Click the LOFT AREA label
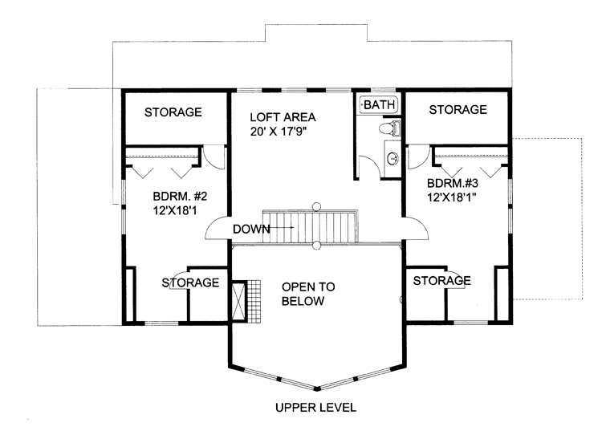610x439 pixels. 283,117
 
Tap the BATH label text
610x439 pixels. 380,104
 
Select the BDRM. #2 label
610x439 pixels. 180,196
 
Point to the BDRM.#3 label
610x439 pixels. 453,183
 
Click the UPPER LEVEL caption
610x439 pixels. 315,408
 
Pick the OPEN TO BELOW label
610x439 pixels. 308,294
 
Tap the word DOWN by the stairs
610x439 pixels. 251,230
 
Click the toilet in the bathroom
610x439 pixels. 389,128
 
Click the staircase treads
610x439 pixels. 311,226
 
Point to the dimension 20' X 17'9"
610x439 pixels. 279,132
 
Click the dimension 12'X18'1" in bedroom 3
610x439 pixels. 452,197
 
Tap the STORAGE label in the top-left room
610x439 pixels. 173,112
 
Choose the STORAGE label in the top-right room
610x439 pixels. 458,110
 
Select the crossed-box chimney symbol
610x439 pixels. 238,300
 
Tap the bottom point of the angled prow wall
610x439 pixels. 317,388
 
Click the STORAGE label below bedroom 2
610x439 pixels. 190,283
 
